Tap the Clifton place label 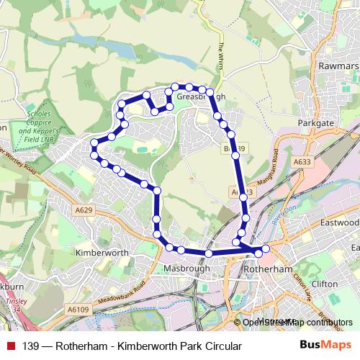tap(325, 284)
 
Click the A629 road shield tap(83, 209)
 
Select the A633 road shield tap(302, 163)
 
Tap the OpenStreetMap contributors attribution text tap(295, 323)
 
